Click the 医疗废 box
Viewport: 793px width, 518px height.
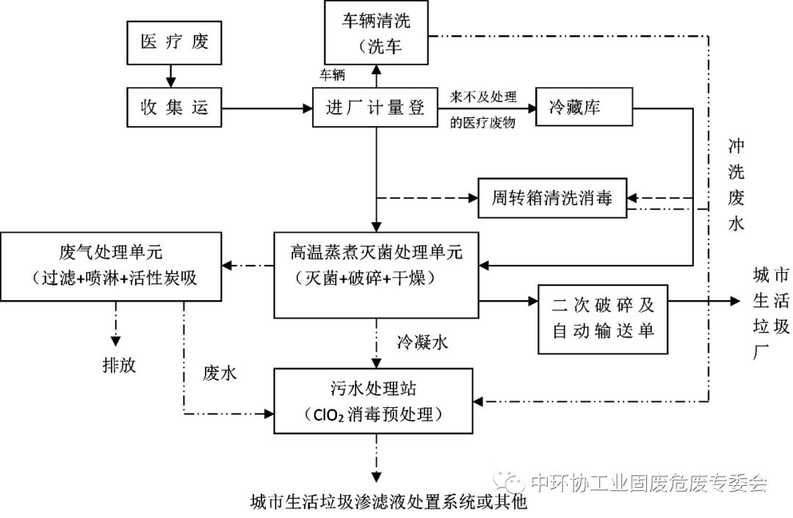(x=175, y=41)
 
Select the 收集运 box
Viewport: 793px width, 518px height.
(x=175, y=108)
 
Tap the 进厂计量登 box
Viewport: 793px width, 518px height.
(x=376, y=108)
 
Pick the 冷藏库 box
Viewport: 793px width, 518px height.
(x=584, y=108)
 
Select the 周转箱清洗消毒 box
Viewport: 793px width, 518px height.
(x=552, y=198)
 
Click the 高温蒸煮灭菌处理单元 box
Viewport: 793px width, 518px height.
(x=376, y=266)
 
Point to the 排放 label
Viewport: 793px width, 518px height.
(x=119, y=365)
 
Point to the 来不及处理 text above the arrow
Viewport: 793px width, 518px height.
(x=485, y=96)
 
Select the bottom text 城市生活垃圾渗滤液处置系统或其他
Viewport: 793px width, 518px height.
(x=389, y=503)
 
